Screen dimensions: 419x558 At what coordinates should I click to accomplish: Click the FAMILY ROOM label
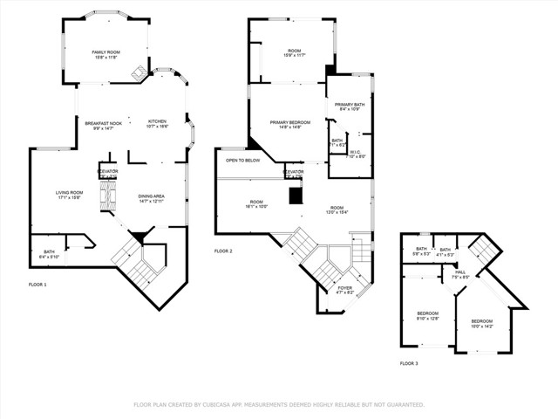coord(106,52)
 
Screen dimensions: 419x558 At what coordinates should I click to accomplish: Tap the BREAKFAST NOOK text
coord(102,122)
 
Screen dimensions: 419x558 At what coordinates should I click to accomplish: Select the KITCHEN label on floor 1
coord(157,121)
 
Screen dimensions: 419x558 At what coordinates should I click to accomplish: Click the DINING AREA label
coord(152,196)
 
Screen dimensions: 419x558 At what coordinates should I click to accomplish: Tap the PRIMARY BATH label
coord(349,105)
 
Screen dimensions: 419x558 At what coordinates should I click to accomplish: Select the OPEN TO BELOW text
coord(243,161)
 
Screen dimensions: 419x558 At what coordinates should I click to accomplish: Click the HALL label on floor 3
coord(459,271)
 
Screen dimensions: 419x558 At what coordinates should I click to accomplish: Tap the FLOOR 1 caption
coord(38,285)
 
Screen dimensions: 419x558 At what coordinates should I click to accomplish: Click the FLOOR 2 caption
coord(224,251)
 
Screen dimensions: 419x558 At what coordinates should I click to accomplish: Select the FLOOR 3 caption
coord(409,362)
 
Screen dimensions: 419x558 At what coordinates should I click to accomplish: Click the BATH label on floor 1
coord(49,252)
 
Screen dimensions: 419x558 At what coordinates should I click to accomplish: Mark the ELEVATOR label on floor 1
coord(108,171)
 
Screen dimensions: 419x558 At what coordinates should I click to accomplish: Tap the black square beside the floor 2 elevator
coord(296,196)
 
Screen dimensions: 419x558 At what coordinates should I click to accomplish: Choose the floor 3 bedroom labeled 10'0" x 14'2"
coord(481,322)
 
